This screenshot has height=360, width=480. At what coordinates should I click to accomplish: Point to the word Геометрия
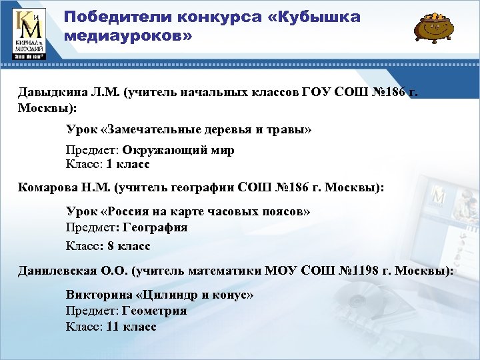(155, 310)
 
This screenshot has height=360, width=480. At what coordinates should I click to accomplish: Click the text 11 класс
(131, 327)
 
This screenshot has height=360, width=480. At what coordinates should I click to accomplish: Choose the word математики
(227, 271)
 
